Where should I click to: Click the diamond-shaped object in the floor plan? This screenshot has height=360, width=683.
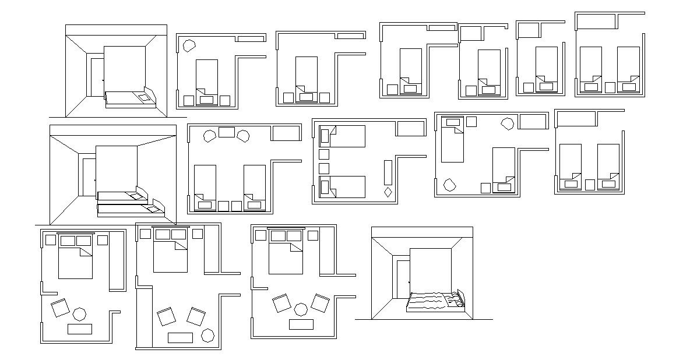tap(388, 192)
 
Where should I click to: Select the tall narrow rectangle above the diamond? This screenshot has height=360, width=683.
tap(388, 172)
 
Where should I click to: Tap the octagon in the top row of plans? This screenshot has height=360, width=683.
tap(189, 46)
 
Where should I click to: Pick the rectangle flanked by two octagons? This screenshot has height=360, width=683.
tap(226, 132)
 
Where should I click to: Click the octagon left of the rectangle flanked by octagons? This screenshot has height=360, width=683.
tap(209, 136)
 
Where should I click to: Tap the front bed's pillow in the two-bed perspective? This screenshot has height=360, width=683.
tap(153, 207)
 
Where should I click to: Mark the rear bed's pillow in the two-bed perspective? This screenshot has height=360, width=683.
tap(138, 196)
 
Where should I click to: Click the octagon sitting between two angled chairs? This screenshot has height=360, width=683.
tap(301, 309)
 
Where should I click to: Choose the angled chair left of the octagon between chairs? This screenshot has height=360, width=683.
tap(283, 303)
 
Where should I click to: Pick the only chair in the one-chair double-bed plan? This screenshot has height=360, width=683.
tap(59, 308)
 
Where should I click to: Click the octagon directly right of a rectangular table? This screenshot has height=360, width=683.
tap(207, 335)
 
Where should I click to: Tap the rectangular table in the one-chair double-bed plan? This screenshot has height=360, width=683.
tap(79, 329)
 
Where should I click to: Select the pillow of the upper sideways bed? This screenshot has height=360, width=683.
tap(325, 136)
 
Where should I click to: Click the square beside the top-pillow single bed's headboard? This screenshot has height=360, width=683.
tap(471, 122)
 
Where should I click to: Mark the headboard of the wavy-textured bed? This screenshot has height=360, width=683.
tap(462, 298)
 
